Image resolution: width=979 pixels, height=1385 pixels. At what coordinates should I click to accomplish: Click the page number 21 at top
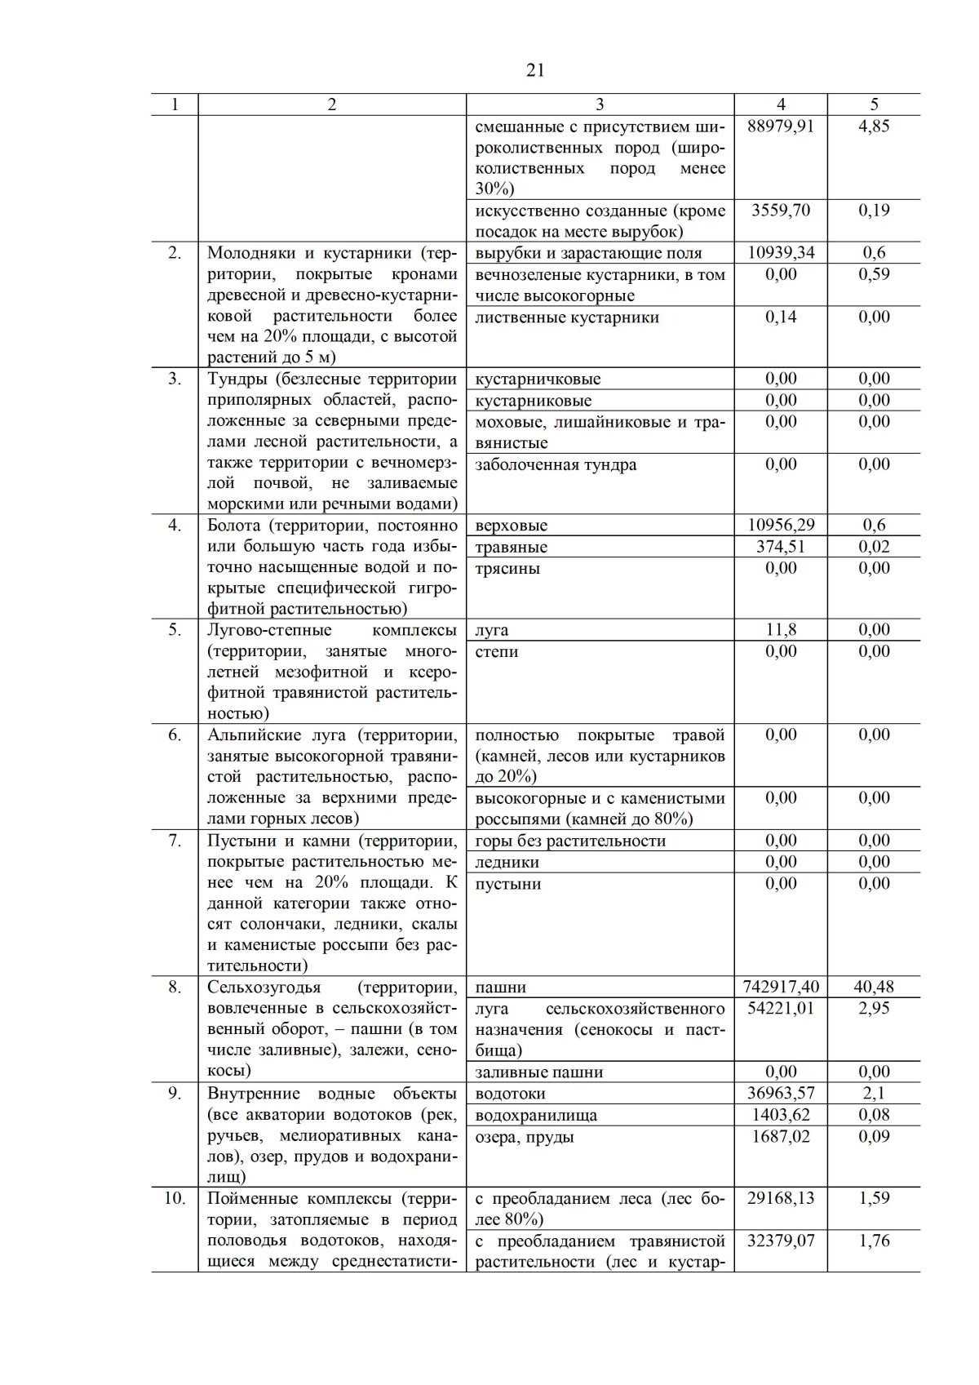click(535, 70)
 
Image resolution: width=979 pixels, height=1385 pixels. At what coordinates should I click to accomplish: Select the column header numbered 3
click(600, 104)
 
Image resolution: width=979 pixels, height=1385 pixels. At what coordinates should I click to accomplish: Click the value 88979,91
click(780, 127)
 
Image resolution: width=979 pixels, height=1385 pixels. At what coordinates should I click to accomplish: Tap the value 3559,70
click(780, 211)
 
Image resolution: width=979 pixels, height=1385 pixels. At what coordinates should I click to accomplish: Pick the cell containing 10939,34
click(780, 252)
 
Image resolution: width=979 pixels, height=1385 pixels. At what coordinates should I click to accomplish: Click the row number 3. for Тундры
click(175, 379)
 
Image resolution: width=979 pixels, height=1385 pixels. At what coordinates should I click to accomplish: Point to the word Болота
click(234, 526)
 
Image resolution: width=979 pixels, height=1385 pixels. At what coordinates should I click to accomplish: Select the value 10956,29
click(780, 526)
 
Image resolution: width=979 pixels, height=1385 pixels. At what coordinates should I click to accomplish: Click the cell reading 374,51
click(780, 547)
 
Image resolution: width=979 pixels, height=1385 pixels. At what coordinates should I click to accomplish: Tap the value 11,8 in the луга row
click(780, 630)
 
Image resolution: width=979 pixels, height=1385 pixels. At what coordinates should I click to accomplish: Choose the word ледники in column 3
click(507, 863)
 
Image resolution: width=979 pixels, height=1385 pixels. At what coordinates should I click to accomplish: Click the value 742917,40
click(780, 987)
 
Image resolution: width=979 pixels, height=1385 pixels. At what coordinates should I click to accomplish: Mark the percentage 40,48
click(874, 987)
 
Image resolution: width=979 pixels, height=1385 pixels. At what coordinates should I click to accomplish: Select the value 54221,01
click(780, 1008)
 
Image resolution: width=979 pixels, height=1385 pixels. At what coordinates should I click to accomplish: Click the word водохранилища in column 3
click(536, 1116)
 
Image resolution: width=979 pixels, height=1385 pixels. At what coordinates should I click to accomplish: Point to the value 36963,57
click(780, 1094)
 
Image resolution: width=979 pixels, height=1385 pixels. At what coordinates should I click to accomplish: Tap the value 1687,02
click(780, 1136)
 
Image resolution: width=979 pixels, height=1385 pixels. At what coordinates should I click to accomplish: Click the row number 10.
click(175, 1199)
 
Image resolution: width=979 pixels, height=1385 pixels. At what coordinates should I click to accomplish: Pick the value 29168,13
click(780, 1199)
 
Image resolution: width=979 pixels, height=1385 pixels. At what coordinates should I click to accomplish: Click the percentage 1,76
click(874, 1241)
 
